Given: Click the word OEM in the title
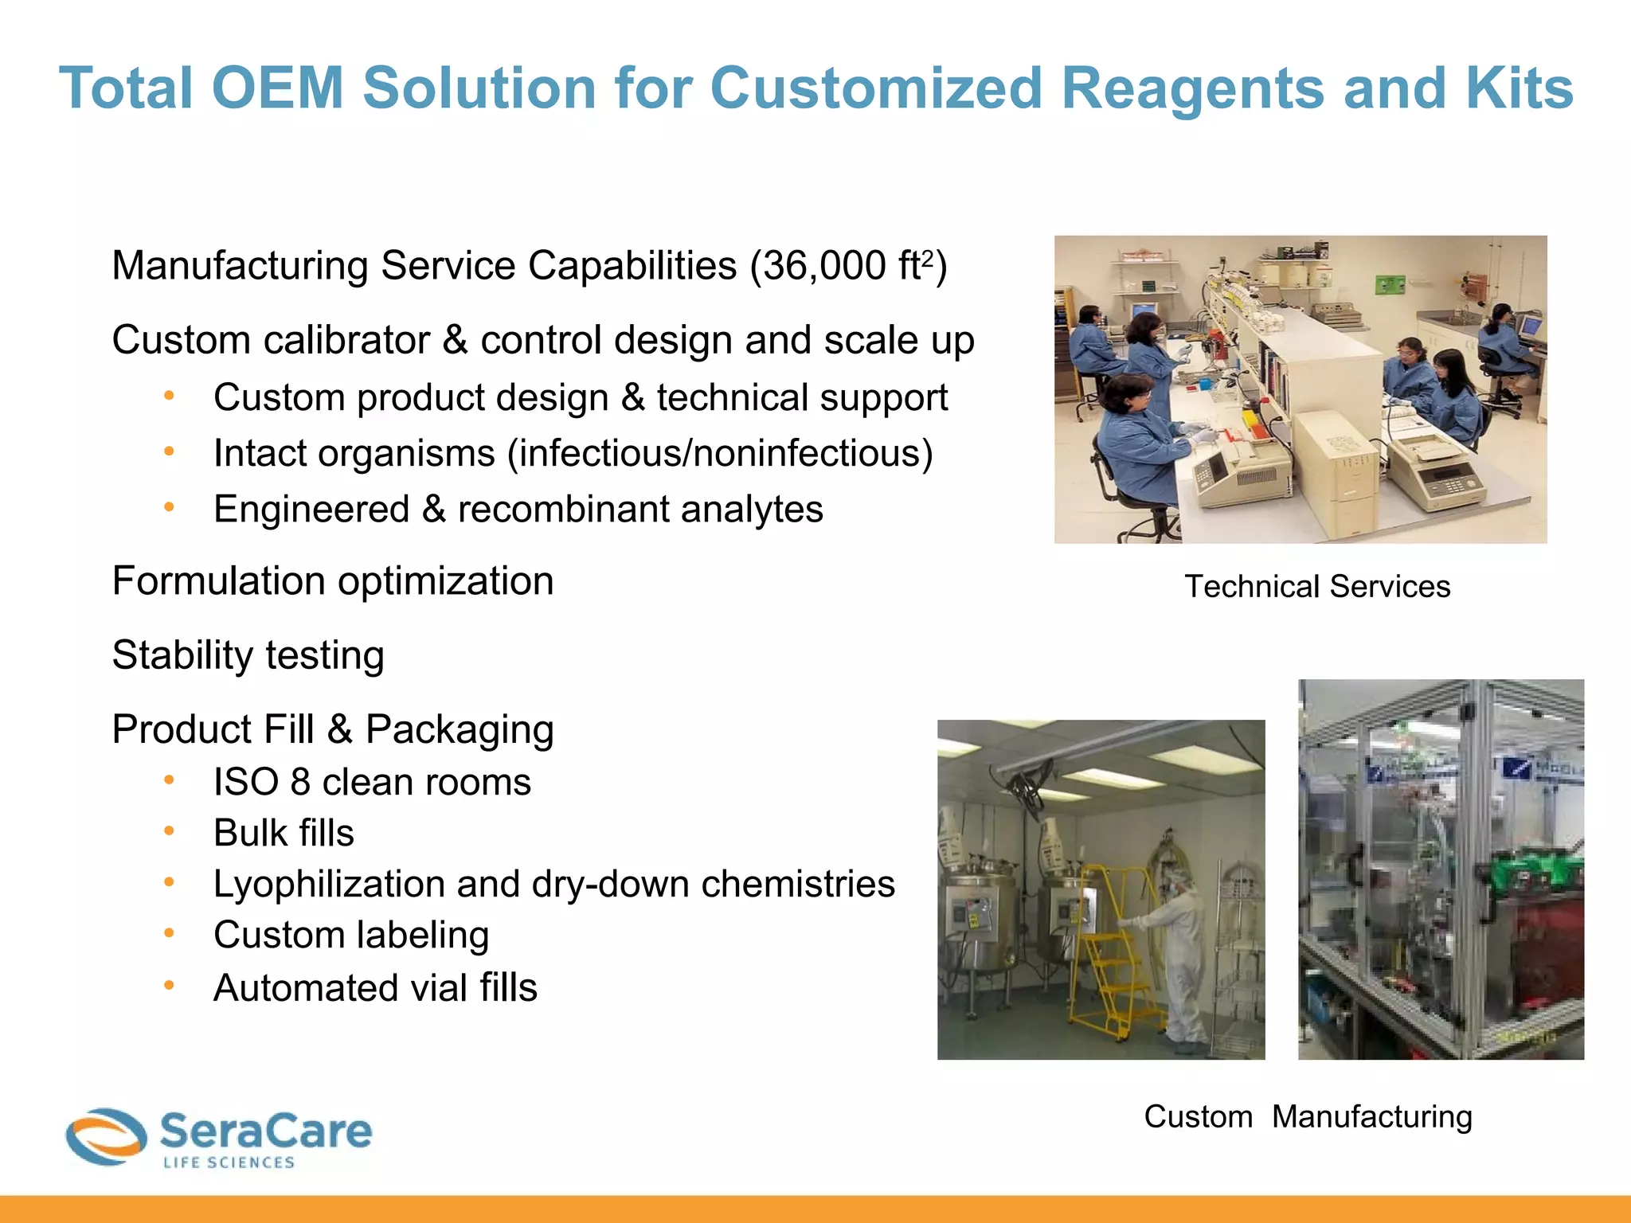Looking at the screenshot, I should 277,88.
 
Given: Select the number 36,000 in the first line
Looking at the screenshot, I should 825,266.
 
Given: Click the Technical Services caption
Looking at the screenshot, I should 1317,587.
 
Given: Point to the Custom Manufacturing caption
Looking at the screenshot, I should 1308,1116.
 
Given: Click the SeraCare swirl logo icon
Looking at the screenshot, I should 106,1136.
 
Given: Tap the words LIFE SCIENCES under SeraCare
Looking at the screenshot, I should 229,1163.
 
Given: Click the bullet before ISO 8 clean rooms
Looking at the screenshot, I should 169,781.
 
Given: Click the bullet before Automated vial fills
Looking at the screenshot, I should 169,986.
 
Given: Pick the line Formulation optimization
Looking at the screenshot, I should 333,581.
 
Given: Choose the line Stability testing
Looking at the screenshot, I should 248,655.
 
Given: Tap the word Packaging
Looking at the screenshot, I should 460,730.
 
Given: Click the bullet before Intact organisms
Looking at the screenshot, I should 169,452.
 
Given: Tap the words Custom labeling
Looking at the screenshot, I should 351,936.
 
